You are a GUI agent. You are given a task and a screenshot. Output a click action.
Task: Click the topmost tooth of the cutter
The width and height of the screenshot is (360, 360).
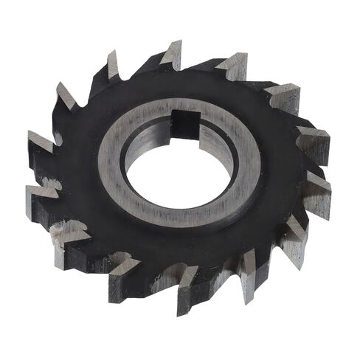pyautogui.click(x=173, y=56)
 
